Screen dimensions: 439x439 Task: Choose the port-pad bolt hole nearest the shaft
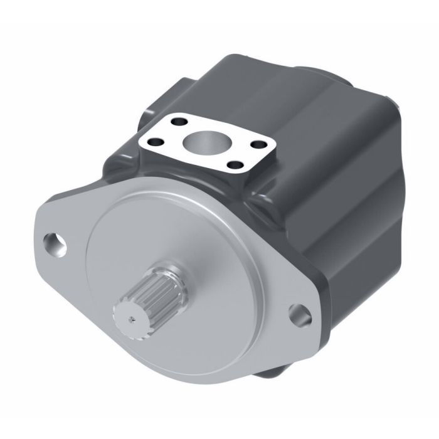tap(235, 166)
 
